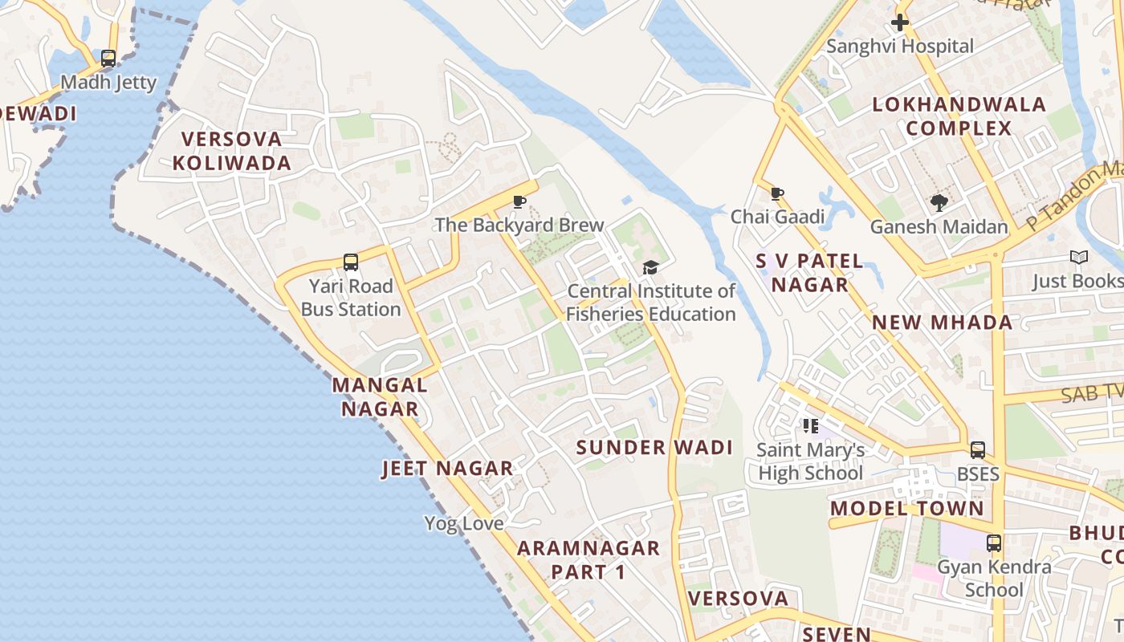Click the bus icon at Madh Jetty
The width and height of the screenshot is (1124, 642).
point(108,59)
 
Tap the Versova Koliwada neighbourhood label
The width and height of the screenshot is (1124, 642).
point(231,151)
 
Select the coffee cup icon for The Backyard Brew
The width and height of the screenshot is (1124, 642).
point(519,201)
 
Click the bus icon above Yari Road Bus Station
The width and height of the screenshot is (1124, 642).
point(351,262)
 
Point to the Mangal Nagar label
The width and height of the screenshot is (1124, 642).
point(380,396)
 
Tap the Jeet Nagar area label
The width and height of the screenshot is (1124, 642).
point(447,469)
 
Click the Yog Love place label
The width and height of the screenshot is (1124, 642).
point(464,524)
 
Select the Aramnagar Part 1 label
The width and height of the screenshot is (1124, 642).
point(588,560)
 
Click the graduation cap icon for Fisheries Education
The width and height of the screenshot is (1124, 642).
point(650,267)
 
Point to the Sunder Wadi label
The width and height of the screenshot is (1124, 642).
point(655,448)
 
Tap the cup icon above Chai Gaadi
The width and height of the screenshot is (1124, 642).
point(776,193)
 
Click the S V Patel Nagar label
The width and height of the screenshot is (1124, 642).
point(810,273)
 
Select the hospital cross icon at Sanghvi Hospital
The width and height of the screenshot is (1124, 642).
point(900,22)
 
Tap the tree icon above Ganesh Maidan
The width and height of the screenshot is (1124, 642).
point(939,203)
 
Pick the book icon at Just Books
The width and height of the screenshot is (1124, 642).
point(1080,258)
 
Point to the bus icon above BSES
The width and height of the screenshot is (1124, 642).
point(978,450)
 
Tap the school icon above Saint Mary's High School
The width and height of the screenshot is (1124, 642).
point(811,426)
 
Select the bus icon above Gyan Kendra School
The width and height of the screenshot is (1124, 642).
point(994,543)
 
